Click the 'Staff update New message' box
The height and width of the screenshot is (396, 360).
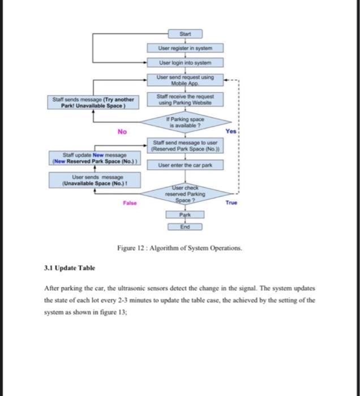coord(93,157)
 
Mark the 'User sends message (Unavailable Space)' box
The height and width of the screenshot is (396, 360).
coord(95,181)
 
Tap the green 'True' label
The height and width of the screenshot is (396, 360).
coord(231,202)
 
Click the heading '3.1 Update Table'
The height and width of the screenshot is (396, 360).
coord(70,268)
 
